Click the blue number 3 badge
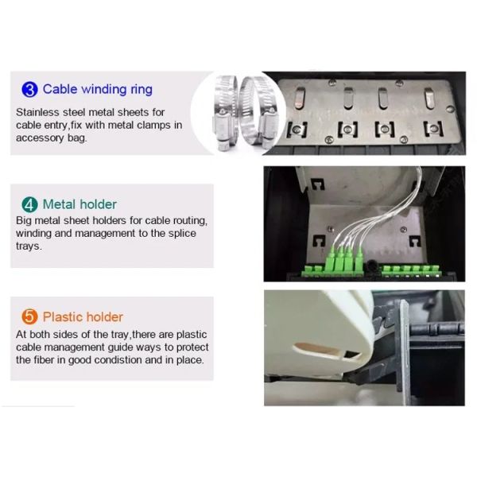coord(28,89)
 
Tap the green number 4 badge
coord(28,204)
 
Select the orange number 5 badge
coord(29,317)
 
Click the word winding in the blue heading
coord(104,90)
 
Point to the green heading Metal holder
coord(79,204)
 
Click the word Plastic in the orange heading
coord(64,317)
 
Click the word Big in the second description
coord(25,220)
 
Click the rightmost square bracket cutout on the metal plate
coord(432,128)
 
